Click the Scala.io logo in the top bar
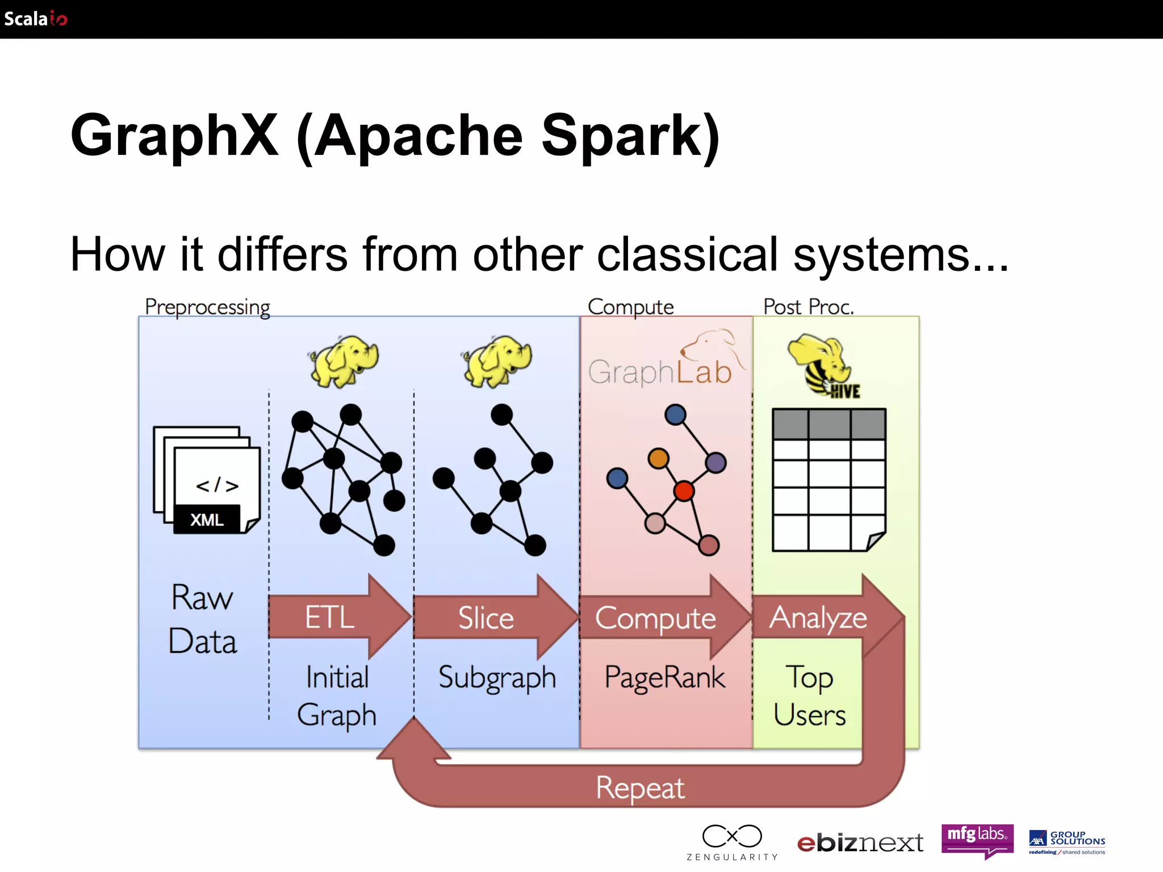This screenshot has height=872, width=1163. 35,19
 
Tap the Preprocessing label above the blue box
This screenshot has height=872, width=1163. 207,307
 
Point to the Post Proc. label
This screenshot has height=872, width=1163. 808,307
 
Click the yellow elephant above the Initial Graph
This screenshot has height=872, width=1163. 344,360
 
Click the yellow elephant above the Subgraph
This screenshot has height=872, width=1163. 498,360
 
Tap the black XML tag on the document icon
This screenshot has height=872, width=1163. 207,519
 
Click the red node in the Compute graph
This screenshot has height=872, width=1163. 684,491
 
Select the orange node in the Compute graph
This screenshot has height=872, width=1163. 658,458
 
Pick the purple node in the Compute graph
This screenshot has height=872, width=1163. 716,462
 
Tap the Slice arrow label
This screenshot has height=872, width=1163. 486,618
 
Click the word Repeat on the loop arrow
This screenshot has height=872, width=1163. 640,788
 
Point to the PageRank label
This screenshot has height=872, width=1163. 664,677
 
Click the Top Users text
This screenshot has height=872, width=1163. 809,695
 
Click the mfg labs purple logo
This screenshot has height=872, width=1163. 977,839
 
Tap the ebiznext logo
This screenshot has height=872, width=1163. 860,843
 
